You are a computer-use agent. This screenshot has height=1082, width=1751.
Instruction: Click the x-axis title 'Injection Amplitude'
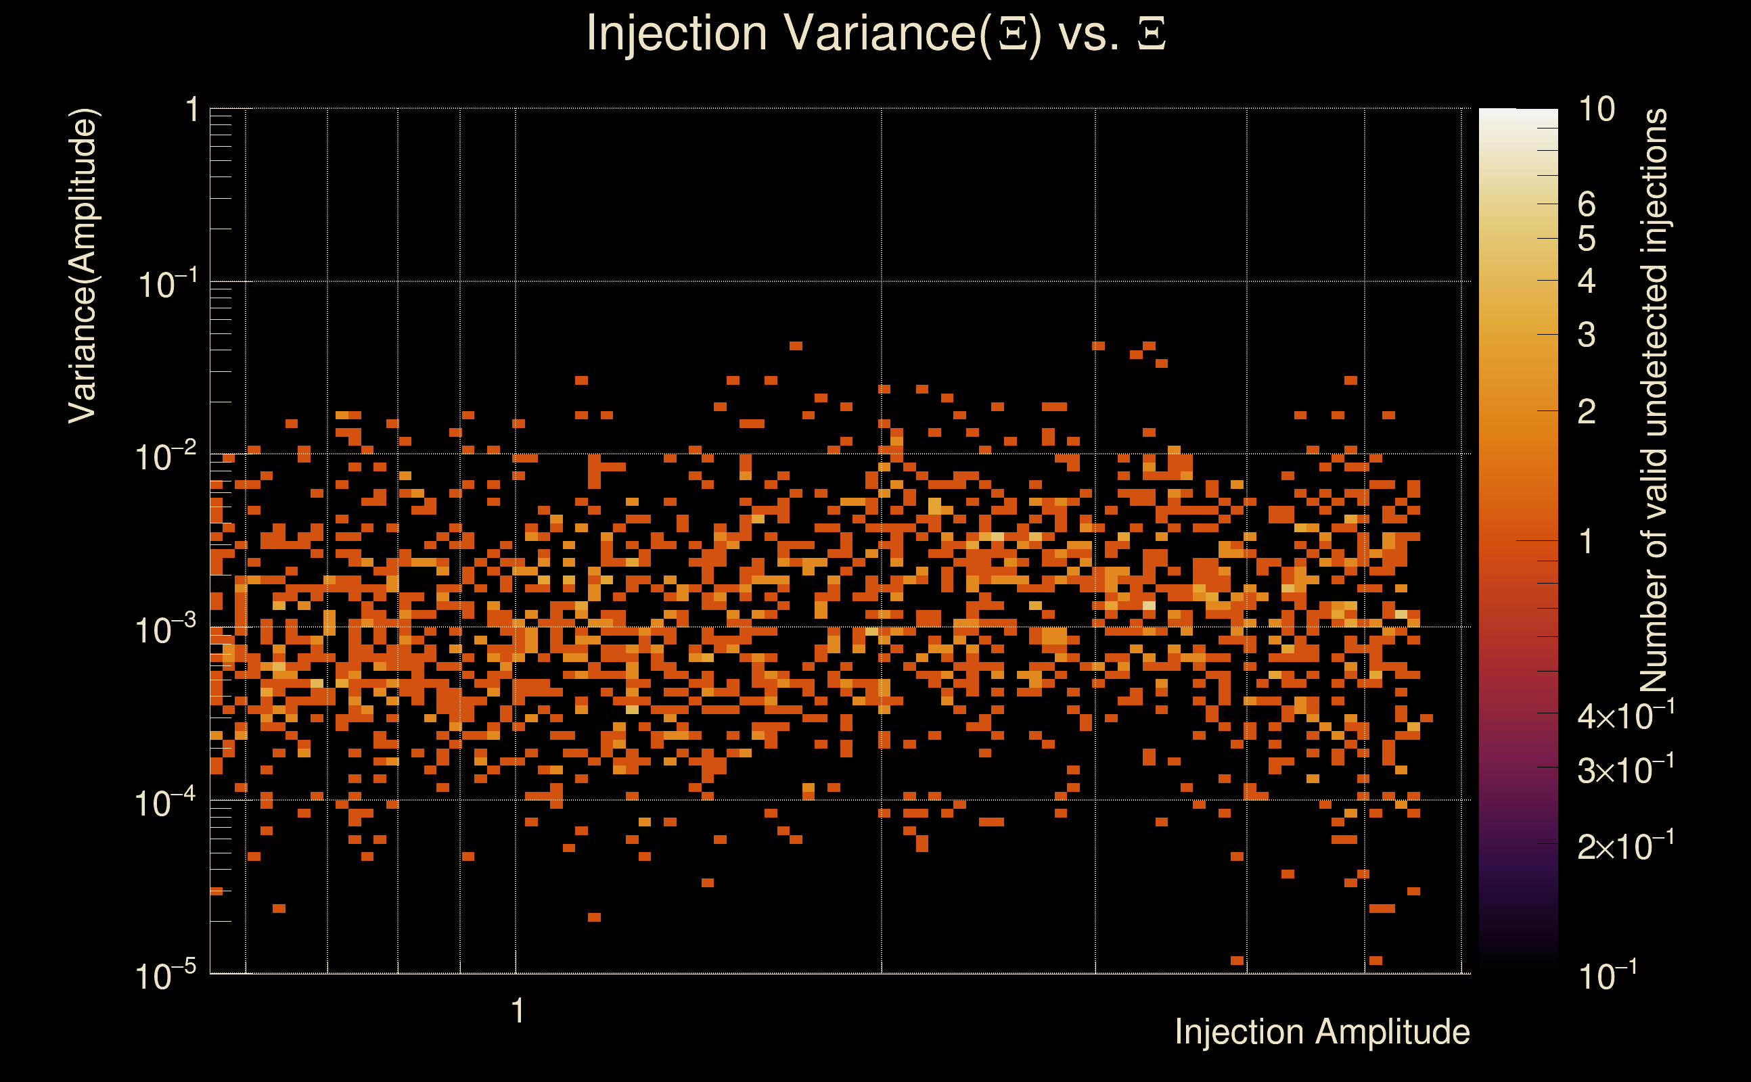click(x=1322, y=1032)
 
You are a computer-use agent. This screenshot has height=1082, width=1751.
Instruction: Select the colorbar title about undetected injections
click(x=1654, y=401)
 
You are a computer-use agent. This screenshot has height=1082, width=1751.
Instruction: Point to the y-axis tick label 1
click(x=191, y=110)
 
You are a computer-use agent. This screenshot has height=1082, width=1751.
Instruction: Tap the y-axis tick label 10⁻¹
click(x=167, y=284)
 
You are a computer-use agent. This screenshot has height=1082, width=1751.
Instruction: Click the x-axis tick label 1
click(x=518, y=1011)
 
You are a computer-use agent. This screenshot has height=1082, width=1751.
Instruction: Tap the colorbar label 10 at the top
click(x=1596, y=110)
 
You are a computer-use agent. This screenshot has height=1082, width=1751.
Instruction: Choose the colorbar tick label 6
click(x=1587, y=205)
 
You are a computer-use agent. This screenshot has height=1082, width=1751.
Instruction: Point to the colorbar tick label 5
click(x=1587, y=239)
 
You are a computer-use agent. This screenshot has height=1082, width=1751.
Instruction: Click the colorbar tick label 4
click(x=1587, y=281)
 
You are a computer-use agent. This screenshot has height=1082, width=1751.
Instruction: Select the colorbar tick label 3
click(x=1587, y=335)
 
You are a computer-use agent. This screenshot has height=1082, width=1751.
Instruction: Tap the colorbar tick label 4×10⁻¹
click(x=1626, y=715)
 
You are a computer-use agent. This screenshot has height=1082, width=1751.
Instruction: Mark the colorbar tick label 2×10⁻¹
click(x=1626, y=845)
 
